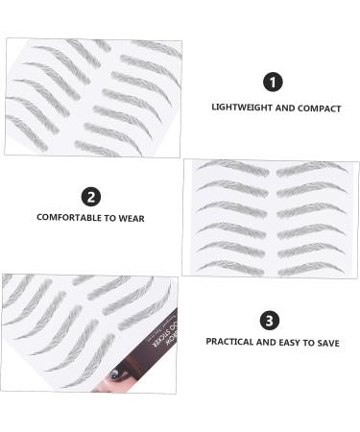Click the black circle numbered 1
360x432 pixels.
[276, 83]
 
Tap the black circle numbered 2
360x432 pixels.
[91, 198]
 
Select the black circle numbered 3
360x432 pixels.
[271, 321]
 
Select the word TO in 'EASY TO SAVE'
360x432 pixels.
[305, 343]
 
